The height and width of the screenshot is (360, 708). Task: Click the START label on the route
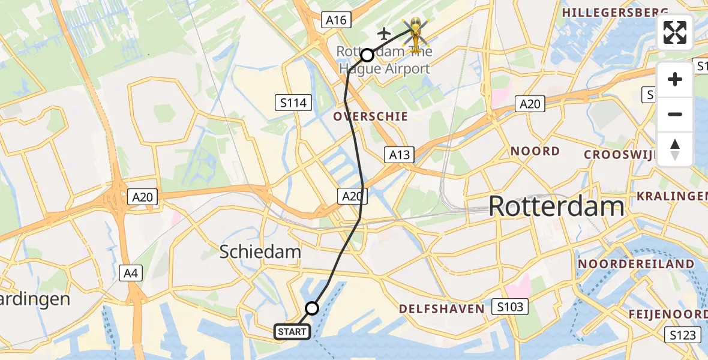coord(292,331)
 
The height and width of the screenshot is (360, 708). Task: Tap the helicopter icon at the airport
coord(415,31)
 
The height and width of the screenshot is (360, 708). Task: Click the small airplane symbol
coord(384,32)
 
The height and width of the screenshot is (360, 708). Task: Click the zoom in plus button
coord(675,79)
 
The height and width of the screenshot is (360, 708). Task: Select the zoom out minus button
coord(675,114)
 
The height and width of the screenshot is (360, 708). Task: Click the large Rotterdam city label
coord(556,207)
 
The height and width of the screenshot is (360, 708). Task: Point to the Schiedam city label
coord(260,251)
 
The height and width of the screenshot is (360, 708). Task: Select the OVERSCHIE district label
coord(370,116)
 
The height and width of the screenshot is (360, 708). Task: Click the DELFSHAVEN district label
coord(442,309)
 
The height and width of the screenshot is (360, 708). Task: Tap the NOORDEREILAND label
coord(636,264)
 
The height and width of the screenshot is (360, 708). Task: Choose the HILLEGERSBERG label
coord(615,12)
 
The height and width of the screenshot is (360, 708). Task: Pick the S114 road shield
coord(293,103)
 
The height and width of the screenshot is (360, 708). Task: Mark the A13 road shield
coord(398,155)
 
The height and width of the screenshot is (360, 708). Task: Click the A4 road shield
coord(131,274)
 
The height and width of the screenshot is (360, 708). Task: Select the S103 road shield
coord(510,307)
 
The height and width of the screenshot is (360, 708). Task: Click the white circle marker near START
coord(312,308)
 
